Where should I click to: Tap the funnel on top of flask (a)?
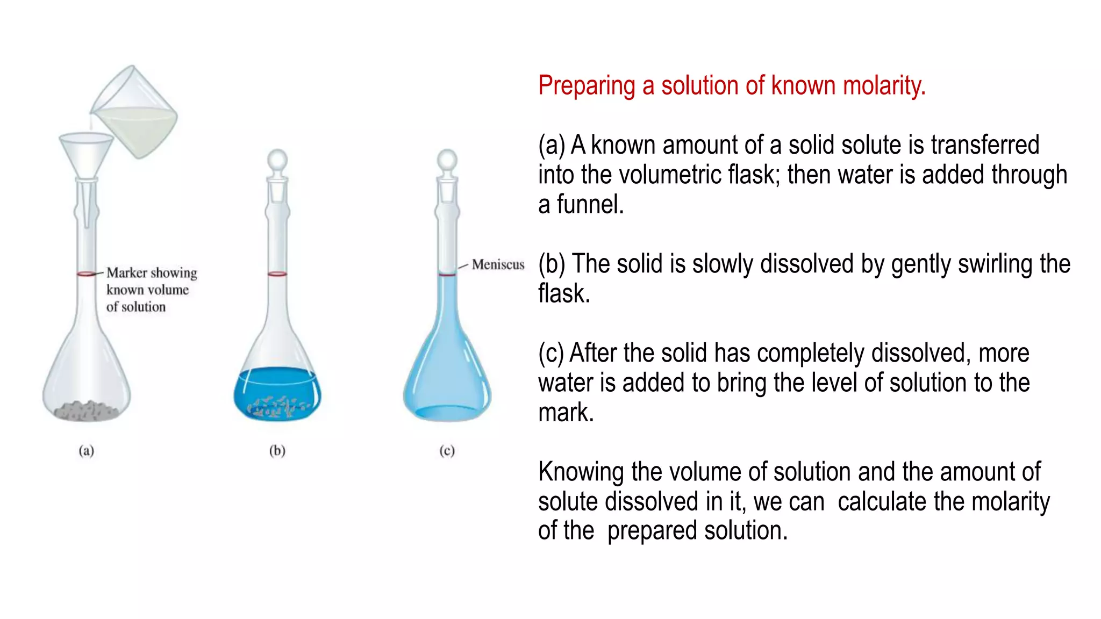(86, 153)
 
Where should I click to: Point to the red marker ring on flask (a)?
(86, 274)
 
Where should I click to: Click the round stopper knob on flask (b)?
(277, 160)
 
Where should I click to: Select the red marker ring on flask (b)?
(277, 274)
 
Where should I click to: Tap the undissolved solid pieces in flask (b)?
(277, 406)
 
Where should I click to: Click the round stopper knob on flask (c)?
(447, 160)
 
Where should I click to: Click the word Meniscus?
(498, 264)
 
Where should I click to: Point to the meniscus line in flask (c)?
(447, 275)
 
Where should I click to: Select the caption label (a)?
(86, 450)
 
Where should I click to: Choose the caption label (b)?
(277, 450)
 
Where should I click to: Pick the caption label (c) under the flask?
(447, 450)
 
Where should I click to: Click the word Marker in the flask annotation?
(127, 273)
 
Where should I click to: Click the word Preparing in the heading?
(587, 86)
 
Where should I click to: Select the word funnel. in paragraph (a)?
(590, 205)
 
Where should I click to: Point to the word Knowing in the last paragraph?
(581, 472)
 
